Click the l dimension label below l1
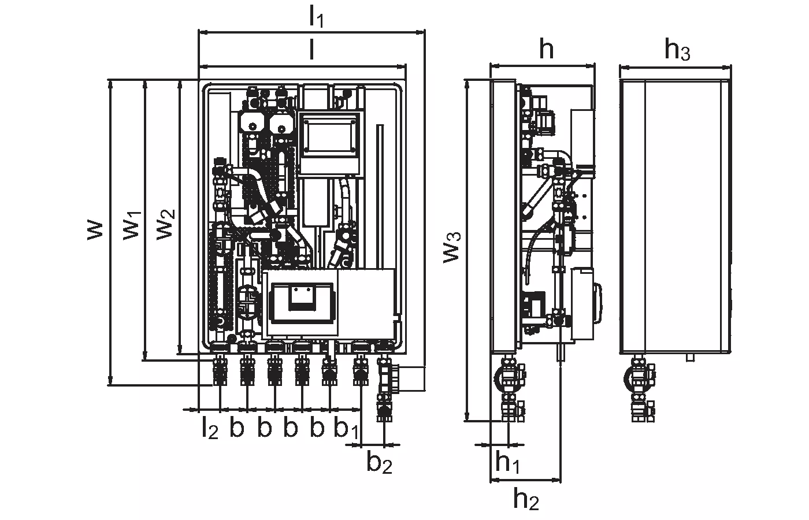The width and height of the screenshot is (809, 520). tap(311, 51)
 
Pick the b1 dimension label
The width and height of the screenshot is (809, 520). tap(346, 429)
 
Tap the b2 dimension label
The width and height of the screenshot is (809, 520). tap(379, 463)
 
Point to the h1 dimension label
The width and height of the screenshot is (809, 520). tap(507, 463)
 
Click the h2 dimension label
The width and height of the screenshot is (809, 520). tap(526, 499)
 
